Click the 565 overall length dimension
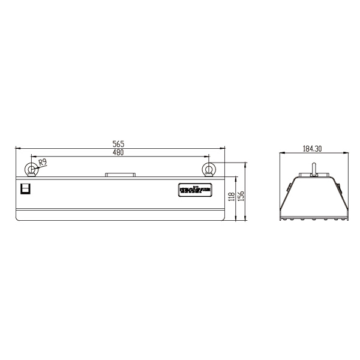click(x=118, y=143)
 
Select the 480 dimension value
click(x=118, y=153)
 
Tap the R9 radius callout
click(x=43, y=162)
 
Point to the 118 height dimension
click(x=232, y=198)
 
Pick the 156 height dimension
click(x=242, y=196)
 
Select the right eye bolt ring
click(x=209, y=168)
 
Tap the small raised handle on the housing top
click(x=121, y=175)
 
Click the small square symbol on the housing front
click(x=25, y=189)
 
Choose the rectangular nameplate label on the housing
click(x=194, y=190)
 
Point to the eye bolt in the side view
click(x=314, y=169)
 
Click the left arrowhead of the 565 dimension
click(x=17, y=148)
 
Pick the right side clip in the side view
click(x=339, y=188)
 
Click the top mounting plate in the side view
click(x=314, y=177)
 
